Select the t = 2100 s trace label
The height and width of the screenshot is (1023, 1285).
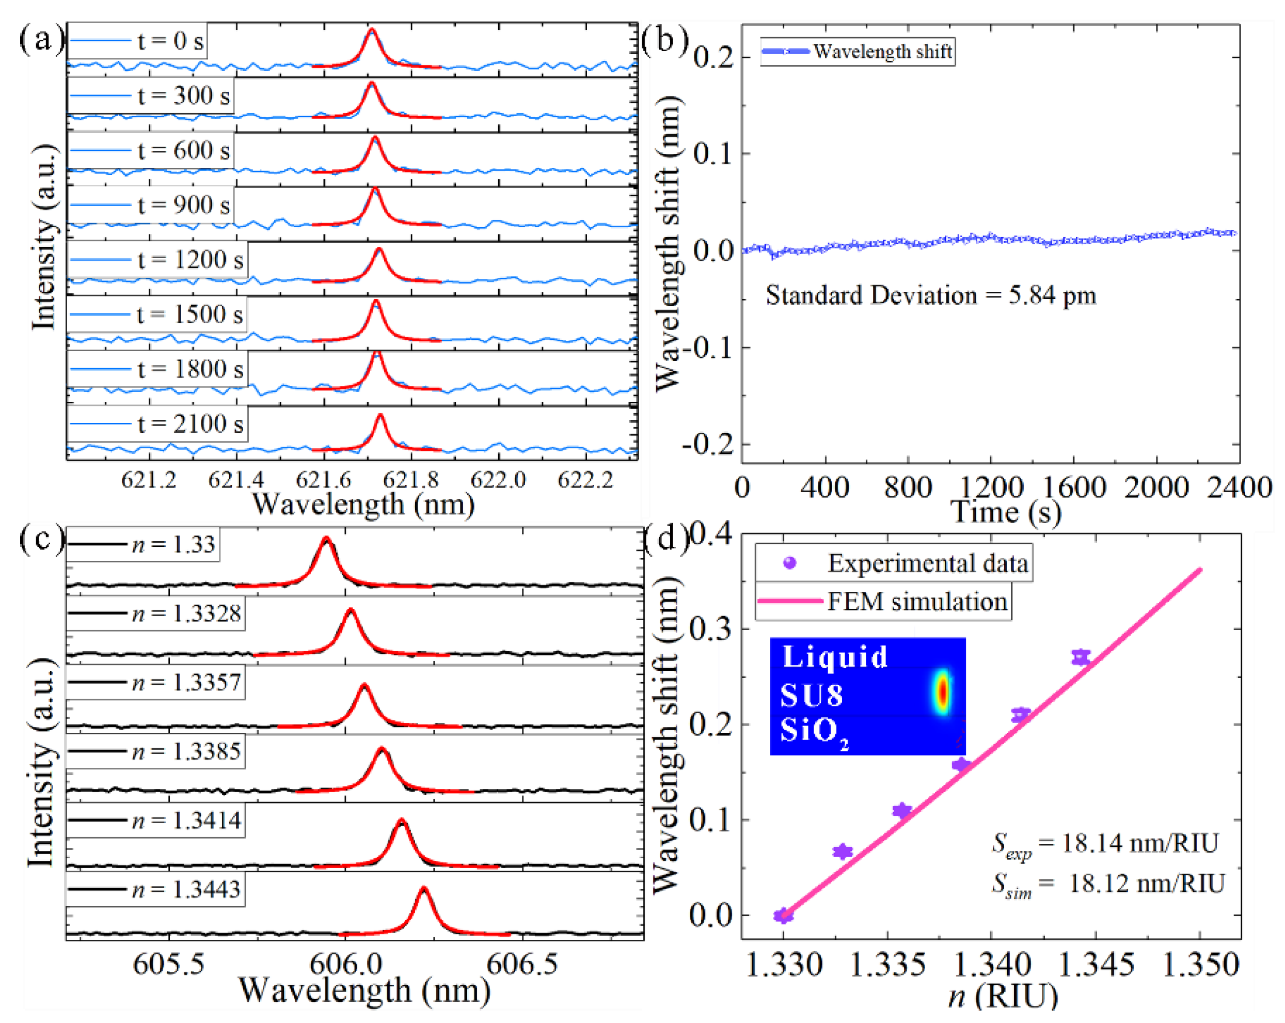point(190,424)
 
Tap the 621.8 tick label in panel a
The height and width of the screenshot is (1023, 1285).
point(410,479)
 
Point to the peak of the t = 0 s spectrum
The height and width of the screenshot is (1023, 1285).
point(371,30)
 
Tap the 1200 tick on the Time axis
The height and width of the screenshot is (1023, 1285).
point(991,487)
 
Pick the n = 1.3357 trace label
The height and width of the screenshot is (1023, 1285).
point(186,682)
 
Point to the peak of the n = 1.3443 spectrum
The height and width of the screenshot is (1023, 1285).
point(424,889)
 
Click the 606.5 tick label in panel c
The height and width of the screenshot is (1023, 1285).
point(521,964)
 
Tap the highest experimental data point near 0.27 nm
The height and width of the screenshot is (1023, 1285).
point(1081,657)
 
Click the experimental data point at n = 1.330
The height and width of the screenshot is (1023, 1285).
point(783,916)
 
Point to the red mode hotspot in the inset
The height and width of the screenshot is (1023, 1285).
point(942,691)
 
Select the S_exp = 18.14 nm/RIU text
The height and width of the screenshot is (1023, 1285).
point(1104,844)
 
